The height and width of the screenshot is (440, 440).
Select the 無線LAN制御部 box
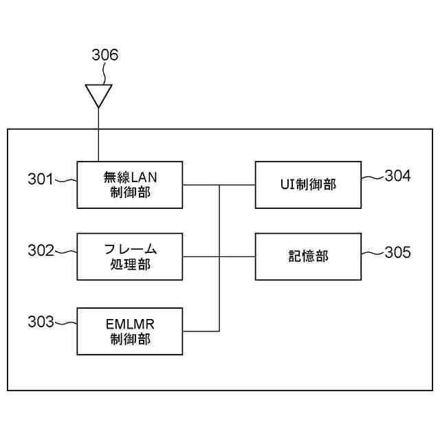[130, 184]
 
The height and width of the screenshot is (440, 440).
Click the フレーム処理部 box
[130, 256]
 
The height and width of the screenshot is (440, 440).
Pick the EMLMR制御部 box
[130, 331]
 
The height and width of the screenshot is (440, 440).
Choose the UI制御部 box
[308, 184]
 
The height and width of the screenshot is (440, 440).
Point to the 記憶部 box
[308, 256]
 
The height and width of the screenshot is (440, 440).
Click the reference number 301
[40, 179]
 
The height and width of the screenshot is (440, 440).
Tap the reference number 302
[40, 251]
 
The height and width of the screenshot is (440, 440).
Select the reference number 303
[40, 322]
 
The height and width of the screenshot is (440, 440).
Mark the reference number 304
[397, 176]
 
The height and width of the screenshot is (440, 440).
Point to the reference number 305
[397, 252]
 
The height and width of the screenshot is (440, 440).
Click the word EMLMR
[130, 324]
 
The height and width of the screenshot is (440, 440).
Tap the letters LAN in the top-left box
[146, 177]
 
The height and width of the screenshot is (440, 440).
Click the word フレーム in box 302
[130, 249]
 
